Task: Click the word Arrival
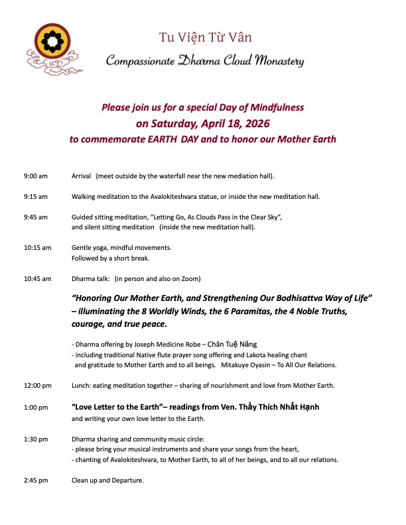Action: [x=81, y=176]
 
